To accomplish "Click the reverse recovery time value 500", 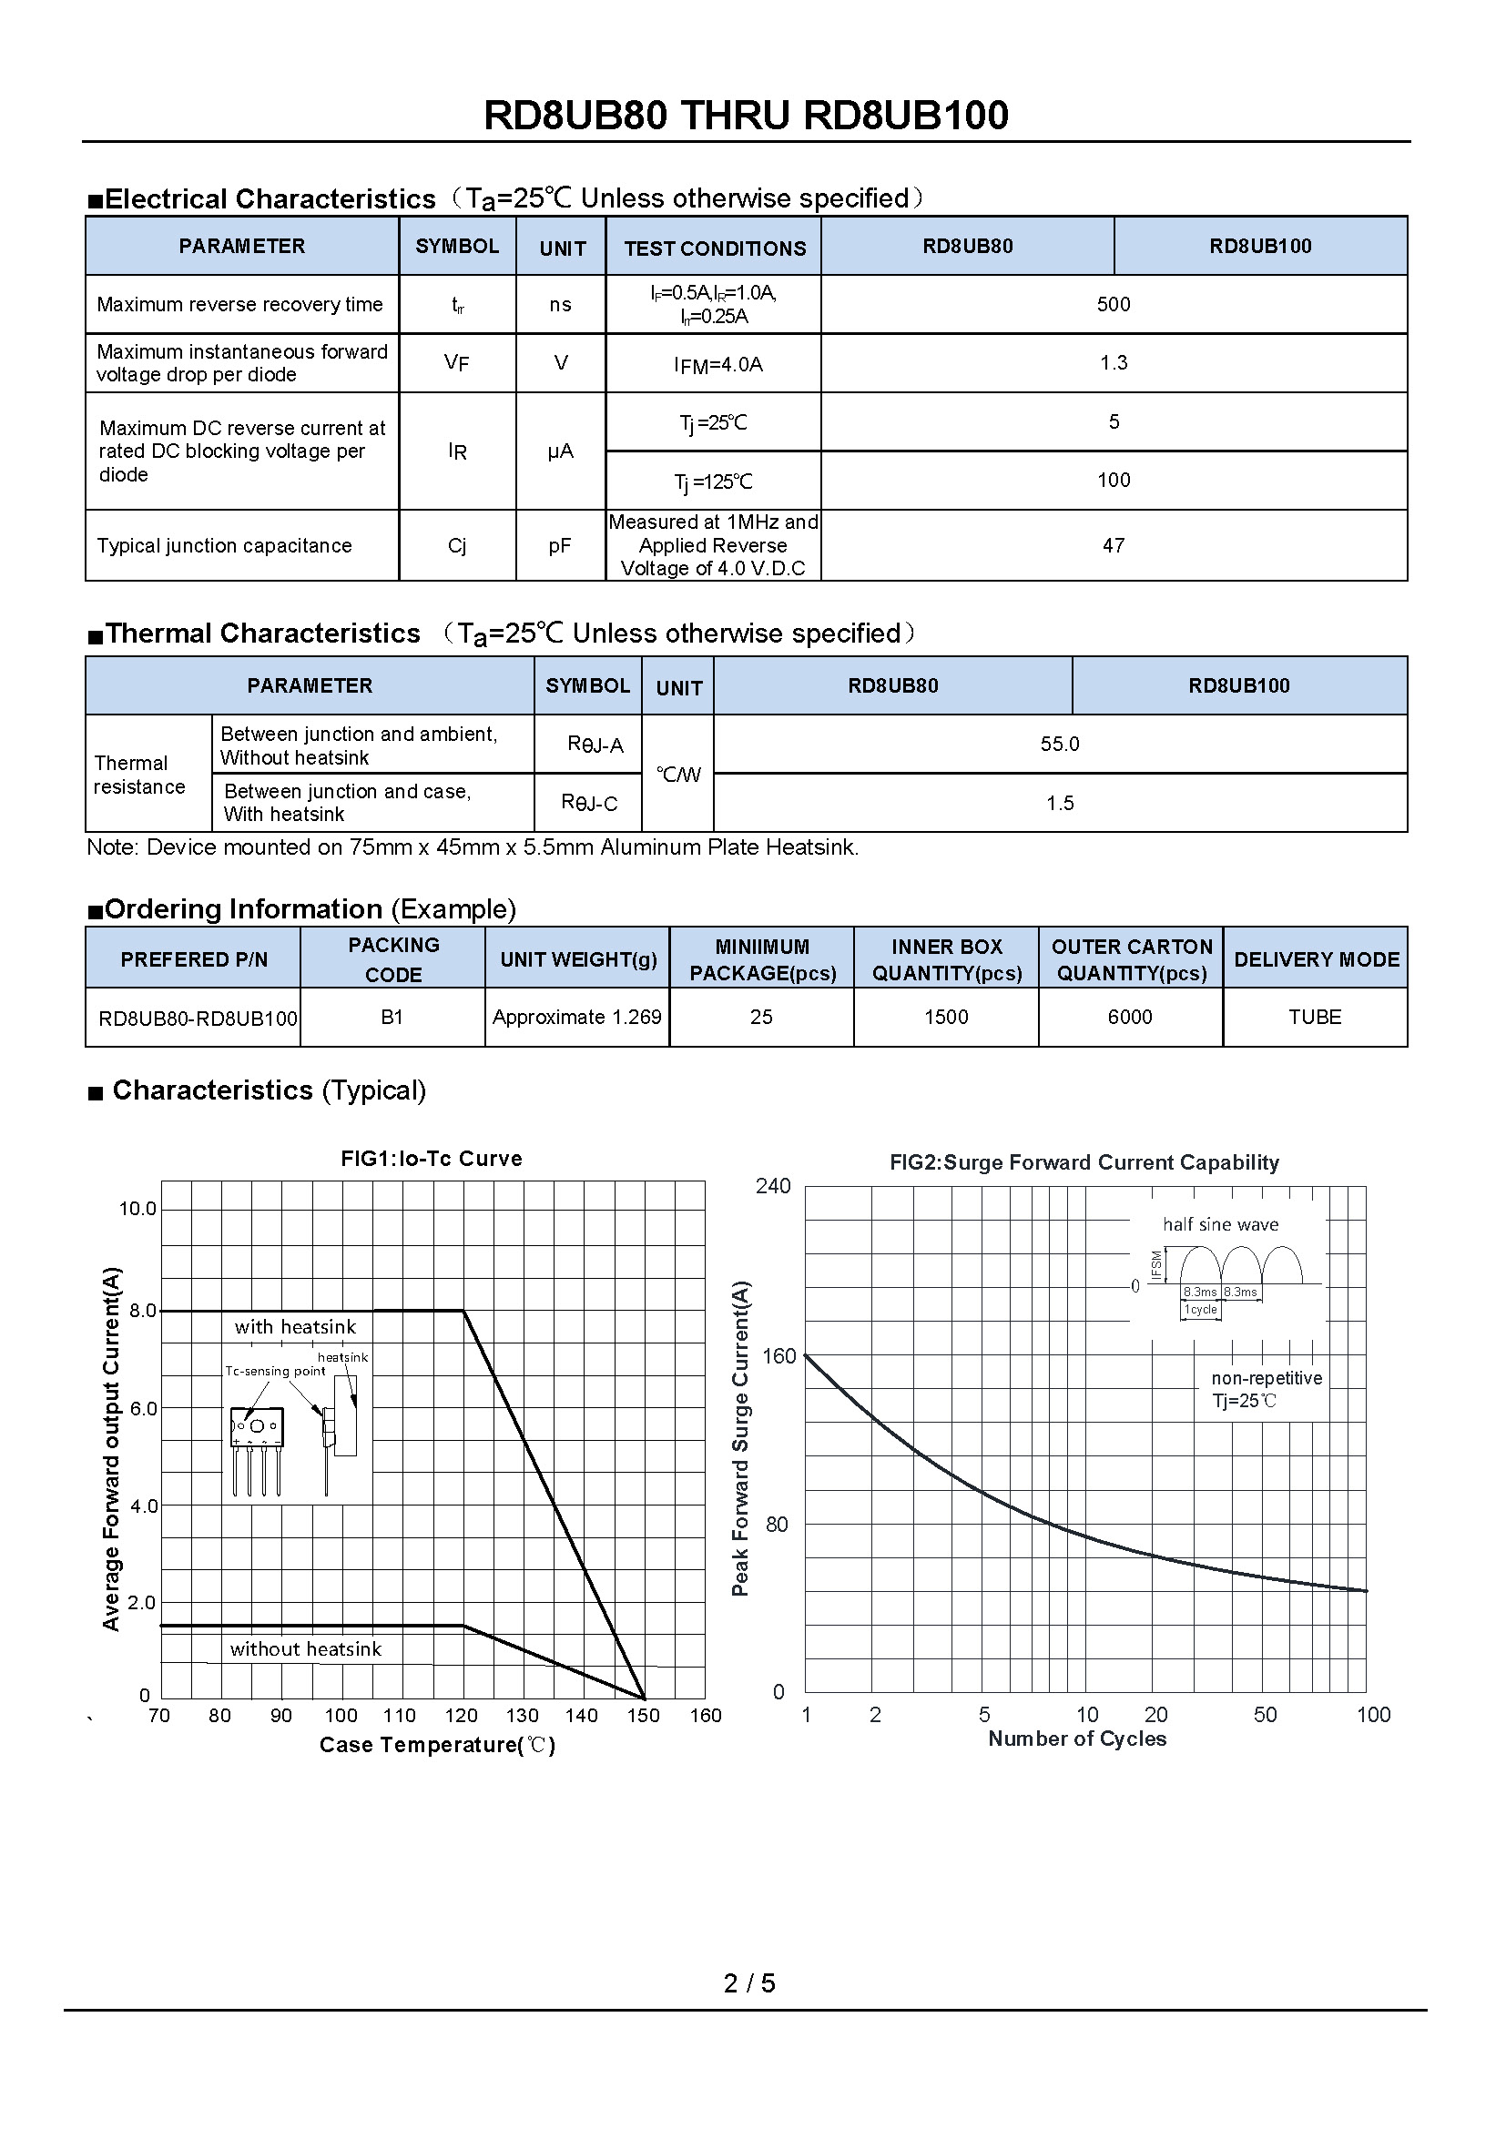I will point(1113,304).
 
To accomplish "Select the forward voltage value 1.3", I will point(1113,362).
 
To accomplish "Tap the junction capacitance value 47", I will point(1113,545).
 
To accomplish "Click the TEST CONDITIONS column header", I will point(714,248).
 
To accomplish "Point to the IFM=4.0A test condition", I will point(717,364).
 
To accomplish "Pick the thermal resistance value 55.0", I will point(1059,744).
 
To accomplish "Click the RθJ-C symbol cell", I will point(589,803).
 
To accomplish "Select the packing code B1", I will point(392,1018).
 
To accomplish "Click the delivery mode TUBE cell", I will point(1314,1018).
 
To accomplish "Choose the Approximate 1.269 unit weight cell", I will point(576,1018).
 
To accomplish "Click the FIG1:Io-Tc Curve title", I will point(432,1158).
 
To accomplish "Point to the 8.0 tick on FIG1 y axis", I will point(143,1310).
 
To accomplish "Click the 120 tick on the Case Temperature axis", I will point(461,1716).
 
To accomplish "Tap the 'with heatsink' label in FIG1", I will point(295,1327).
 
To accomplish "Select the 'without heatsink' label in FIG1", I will point(305,1648).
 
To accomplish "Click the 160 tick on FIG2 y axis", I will point(779,1356).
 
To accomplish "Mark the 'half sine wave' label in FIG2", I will point(1220,1224).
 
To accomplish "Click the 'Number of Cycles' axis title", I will point(1076,1739).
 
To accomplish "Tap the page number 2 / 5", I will point(749,1982).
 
